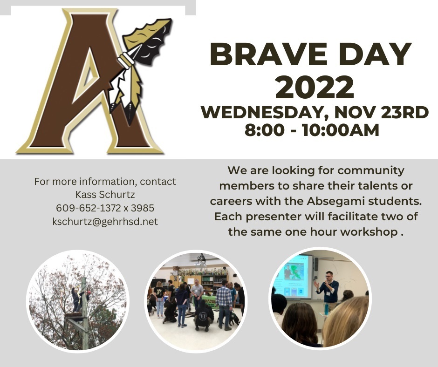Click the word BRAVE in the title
tap(268, 54)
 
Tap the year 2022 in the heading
tap(315, 87)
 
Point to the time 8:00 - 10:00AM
tap(312, 130)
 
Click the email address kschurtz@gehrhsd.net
tap(105, 222)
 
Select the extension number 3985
tap(143, 208)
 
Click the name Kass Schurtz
tap(105, 194)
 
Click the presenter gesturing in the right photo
tap(328, 289)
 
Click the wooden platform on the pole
tap(75, 316)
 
